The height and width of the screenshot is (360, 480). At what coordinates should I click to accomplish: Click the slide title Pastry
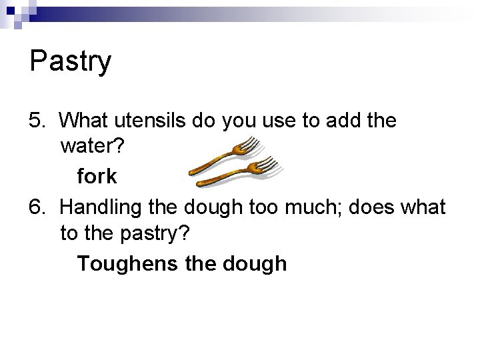click(x=70, y=62)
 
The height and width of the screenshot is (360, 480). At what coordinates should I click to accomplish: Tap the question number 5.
click(x=37, y=121)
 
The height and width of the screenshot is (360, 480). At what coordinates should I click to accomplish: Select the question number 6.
click(x=37, y=207)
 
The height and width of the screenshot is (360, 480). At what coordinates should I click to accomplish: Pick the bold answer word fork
click(x=97, y=177)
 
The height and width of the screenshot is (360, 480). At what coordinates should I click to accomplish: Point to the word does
click(x=393, y=207)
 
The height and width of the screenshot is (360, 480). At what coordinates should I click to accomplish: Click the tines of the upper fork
click(x=248, y=144)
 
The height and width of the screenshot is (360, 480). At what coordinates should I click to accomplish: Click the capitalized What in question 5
click(x=85, y=121)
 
